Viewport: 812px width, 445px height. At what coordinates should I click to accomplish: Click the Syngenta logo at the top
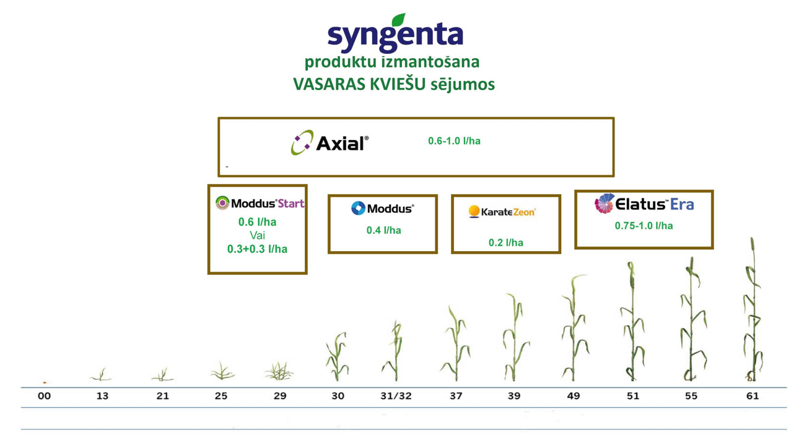click(x=395, y=33)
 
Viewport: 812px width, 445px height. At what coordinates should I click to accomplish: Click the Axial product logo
click(x=330, y=143)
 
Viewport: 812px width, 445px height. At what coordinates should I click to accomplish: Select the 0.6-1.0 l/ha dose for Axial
click(x=454, y=141)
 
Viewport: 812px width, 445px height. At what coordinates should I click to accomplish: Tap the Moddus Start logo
click(x=260, y=203)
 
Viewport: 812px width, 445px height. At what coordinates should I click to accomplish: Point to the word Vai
click(x=258, y=236)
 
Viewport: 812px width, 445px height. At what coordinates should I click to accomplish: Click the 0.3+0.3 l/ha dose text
click(x=258, y=249)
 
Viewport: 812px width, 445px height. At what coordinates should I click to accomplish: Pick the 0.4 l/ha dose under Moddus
click(x=383, y=231)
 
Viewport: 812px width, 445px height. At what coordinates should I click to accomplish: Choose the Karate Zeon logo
click(x=502, y=211)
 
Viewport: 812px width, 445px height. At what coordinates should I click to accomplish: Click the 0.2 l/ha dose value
click(x=505, y=242)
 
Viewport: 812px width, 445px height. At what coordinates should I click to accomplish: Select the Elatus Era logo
click(x=644, y=203)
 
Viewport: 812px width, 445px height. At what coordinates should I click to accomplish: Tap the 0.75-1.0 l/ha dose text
click(x=644, y=226)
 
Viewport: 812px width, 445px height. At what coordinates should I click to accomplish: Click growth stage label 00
click(x=44, y=396)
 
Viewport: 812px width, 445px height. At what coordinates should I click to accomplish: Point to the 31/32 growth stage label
click(x=396, y=396)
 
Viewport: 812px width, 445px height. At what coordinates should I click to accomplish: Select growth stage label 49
click(x=574, y=396)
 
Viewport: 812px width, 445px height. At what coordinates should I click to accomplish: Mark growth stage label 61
click(x=753, y=396)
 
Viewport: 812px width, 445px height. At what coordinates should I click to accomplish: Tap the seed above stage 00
click(x=45, y=382)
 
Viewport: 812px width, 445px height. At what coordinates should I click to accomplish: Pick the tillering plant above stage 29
click(x=279, y=371)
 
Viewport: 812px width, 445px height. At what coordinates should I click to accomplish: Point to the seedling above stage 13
click(x=101, y=375)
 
